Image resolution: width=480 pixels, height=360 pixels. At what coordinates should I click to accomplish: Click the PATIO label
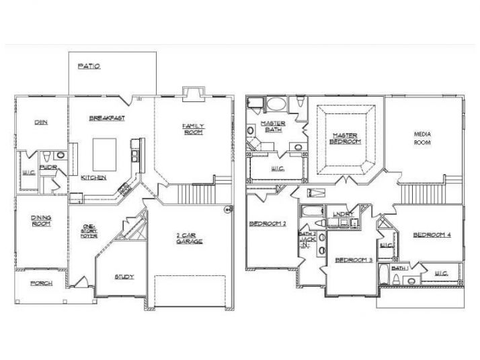tap(89, 66)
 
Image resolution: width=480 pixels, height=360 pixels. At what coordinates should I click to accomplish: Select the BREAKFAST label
tap(108, 118)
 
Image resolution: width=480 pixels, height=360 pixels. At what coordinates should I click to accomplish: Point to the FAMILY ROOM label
tap(194, 128)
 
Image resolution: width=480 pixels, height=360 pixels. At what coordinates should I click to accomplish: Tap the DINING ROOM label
tap(41, 220)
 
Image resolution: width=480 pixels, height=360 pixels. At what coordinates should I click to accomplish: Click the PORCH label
tap(41, 283)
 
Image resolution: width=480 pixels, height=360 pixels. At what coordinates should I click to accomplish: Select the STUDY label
tap(124, 276)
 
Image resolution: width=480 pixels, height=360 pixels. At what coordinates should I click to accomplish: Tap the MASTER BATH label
tap(273, 126)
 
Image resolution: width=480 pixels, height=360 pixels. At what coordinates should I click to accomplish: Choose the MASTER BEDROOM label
tap(346, 138)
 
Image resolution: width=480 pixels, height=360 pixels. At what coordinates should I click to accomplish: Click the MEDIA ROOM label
tap(422, 138)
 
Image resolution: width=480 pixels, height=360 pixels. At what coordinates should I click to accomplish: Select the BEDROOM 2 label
tap(268, 224)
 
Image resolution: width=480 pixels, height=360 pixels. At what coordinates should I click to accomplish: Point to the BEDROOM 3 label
tap(354, 259)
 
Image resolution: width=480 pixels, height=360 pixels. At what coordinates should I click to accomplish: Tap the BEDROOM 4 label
tap(432, 234)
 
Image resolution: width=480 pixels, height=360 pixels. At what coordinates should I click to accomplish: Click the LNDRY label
tap(344, 214)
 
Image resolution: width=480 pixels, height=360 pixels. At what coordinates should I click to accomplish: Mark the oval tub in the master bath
tap(276, 105)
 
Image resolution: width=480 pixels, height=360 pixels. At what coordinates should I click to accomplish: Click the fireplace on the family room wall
tap(192, 93)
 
